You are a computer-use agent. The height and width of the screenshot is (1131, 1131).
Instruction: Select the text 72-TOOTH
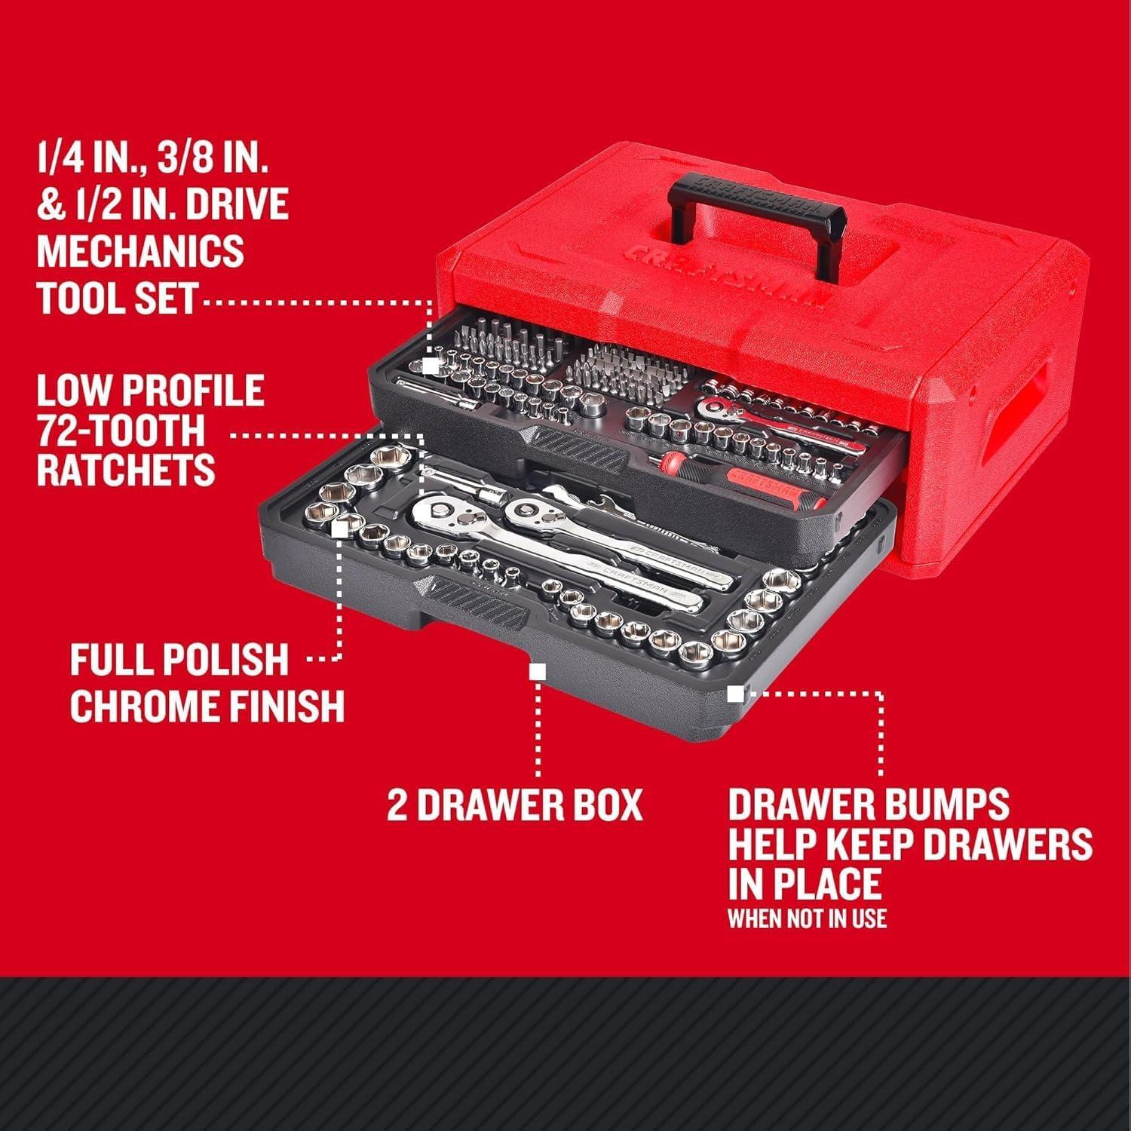pyautogui.click(x=121, y=431)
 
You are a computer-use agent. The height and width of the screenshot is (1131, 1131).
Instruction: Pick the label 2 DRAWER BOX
pyautogui.click(x=515, y=805)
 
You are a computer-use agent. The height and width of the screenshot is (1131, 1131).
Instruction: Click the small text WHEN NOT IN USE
pyautogui.click(x=807, y=918)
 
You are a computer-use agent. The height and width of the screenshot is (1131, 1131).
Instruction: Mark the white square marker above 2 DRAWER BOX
pyautogui.click(x=538, y=671)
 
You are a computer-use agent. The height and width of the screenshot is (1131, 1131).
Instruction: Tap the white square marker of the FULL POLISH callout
pyautogui.click(x=339, y=529)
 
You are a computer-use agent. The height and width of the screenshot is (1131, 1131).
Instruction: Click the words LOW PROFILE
pyautogui.click(x=150, y=391)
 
